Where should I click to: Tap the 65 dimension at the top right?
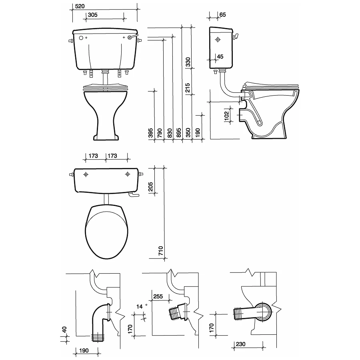pyautogui.click(x=223, y=14)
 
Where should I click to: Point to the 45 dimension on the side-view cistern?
pyautogui.click(x=220, y=56)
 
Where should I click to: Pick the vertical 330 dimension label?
pyautogui.click(x=188, y=62)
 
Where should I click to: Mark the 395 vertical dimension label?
pyautogui.click(x=151, y=133)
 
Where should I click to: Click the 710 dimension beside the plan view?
pyautogui.click(x=160, y=251)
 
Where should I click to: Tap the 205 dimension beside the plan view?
pyautogui.click(x=151, y=187)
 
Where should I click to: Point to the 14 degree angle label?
pyautogui.click(x=140, y=306)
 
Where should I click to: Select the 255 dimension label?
pyautogui.click(x=158, y=296)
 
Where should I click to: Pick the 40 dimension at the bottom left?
pyautogui.click(x=64, y=331)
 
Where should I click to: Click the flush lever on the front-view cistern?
pyautogui.click(x=134, y=38)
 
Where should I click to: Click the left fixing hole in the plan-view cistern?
pyautogui.click(x=86, y=174)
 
